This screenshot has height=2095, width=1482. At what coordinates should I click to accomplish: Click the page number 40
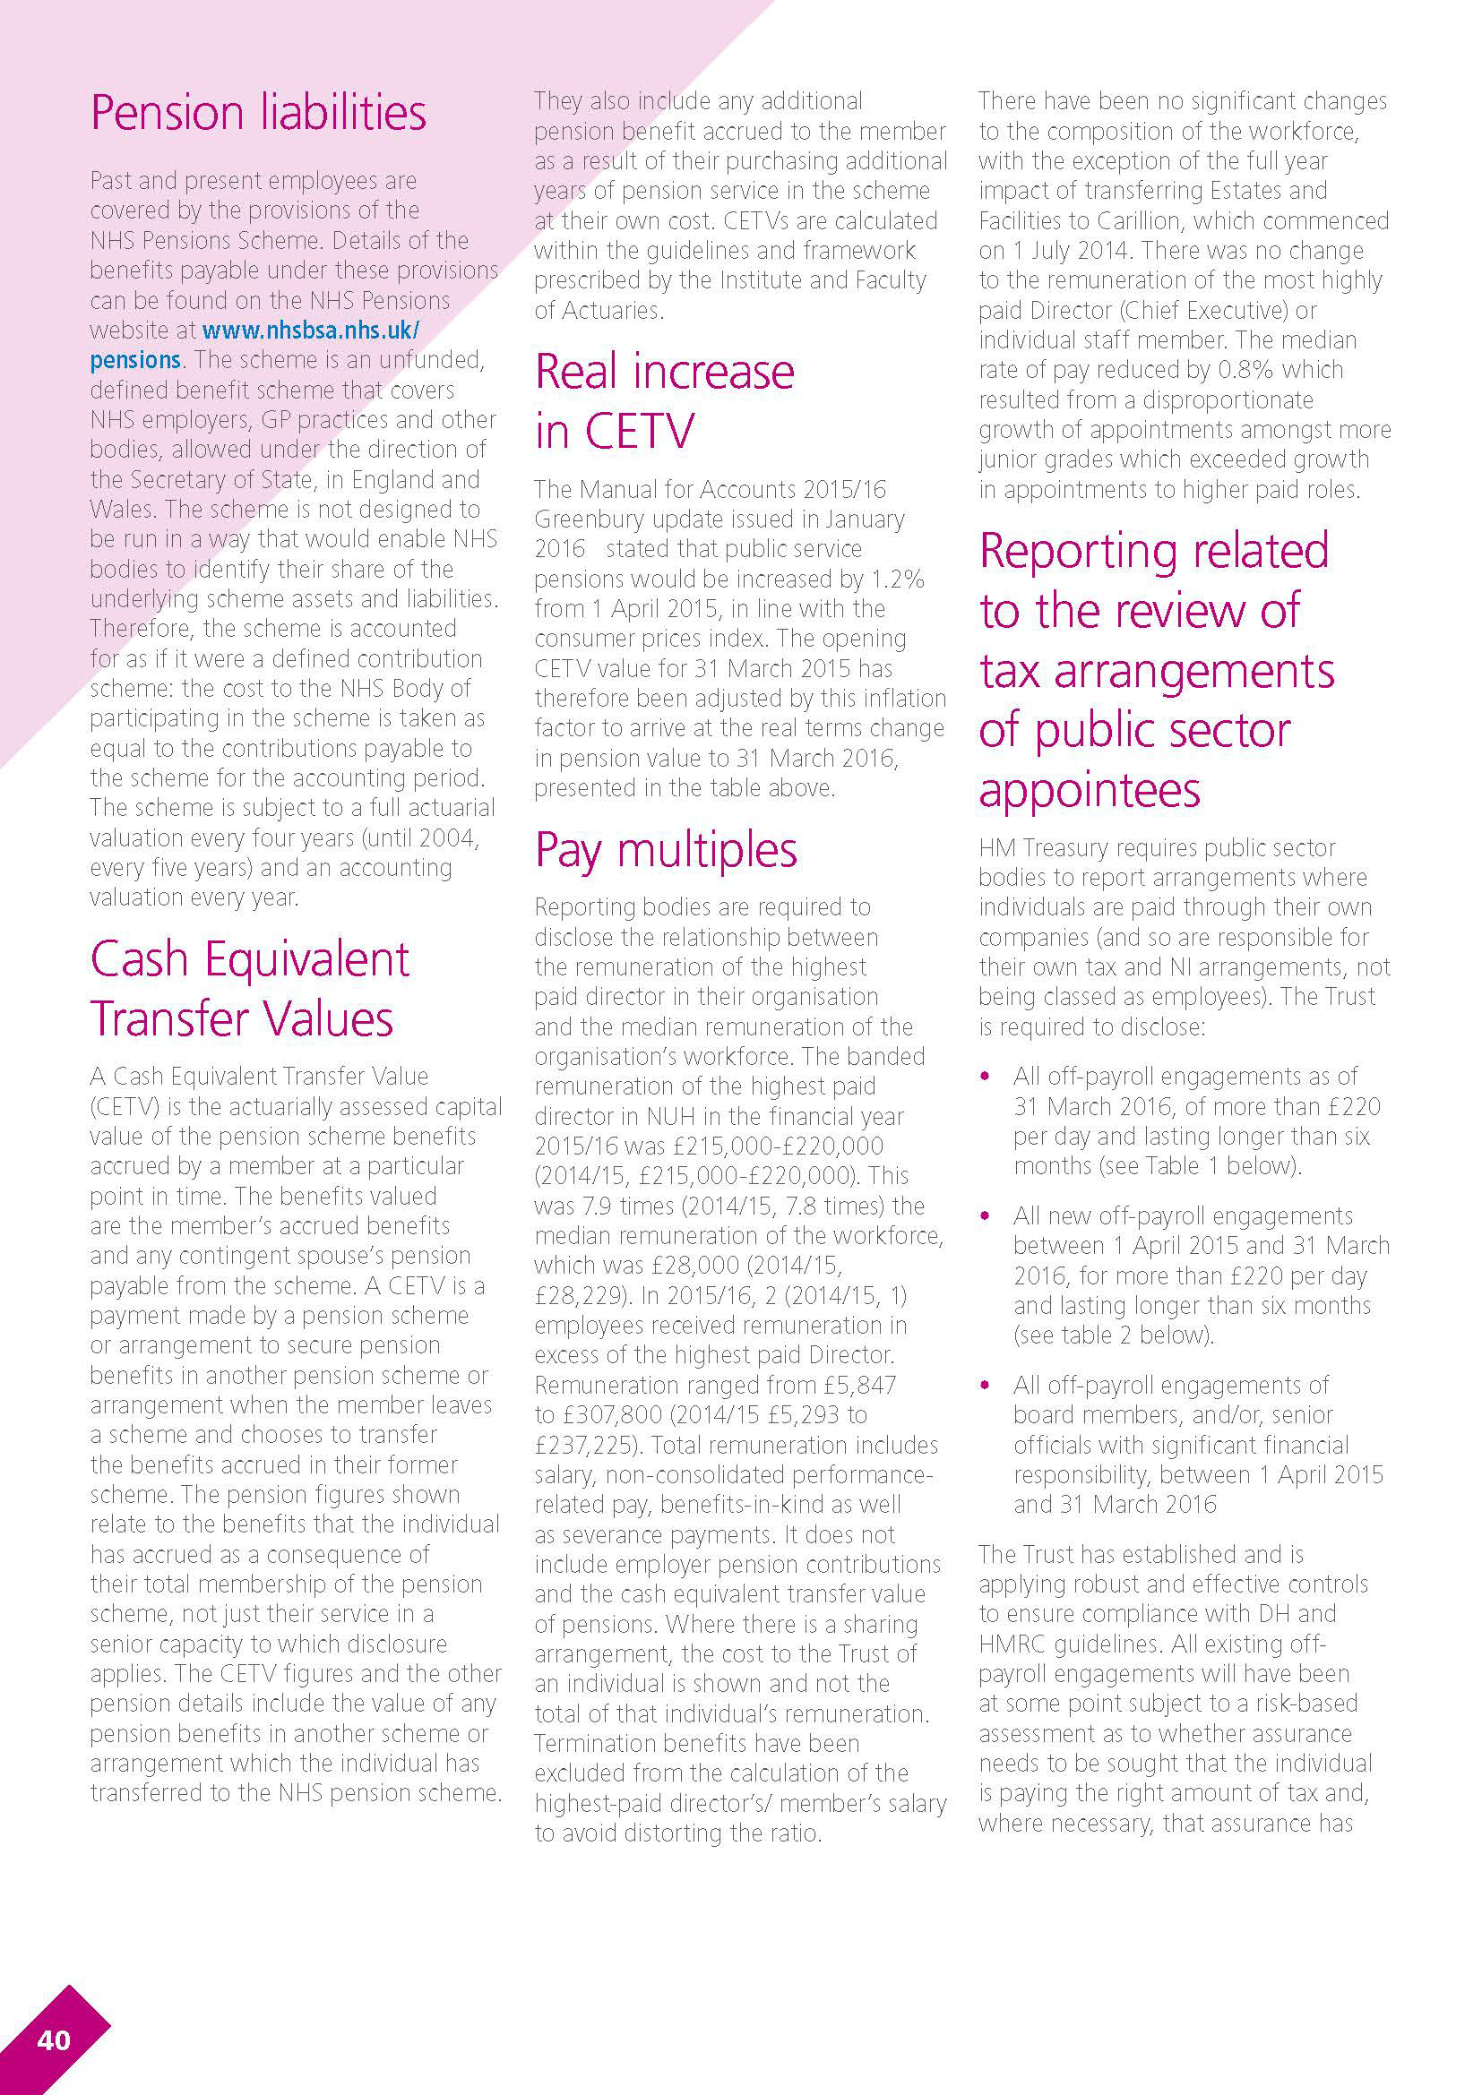coord(54,2039)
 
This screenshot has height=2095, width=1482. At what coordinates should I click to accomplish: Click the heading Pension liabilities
coord(258,113)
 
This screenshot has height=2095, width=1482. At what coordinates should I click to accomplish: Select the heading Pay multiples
coord(666,850)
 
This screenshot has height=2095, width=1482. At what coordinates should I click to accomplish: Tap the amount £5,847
coord(860,1385)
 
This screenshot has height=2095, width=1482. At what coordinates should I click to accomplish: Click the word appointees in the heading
coord(1090,790)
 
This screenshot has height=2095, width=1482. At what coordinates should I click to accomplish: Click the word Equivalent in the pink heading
coord(306,960)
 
